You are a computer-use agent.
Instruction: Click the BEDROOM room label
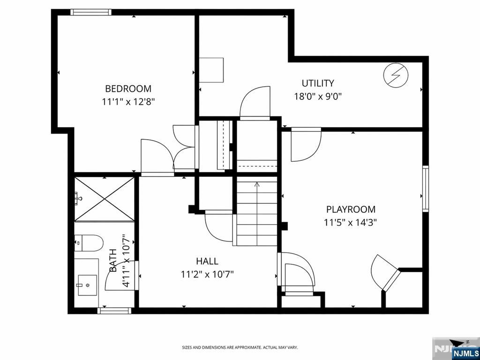click(128, 89)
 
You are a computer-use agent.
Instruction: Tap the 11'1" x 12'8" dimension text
click(128, 102)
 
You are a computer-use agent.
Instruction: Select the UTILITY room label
click(318, 83)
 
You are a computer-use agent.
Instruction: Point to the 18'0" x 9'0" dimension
click(318, 97)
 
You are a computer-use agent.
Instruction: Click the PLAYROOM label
click(351, 210)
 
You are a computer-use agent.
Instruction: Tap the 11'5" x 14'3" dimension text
click(351, 222)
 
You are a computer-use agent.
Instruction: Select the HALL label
click(207, 261)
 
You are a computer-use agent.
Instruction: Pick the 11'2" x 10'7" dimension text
click(207, 274)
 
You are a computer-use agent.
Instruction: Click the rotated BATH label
click(113, 261)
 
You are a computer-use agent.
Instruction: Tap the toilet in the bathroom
click(89, 243)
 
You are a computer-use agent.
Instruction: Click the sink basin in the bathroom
click(87, 285)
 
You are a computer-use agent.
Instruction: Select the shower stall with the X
click(105, 199)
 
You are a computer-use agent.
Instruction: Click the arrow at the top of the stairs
click(257, 185)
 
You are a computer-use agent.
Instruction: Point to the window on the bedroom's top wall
click(91, 12)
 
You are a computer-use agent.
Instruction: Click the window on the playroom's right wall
click(426, 188)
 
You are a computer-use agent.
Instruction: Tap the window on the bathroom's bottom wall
click(114, 311)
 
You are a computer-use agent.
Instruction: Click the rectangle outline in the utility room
click(211, 70)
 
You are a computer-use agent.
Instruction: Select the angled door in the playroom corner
click(391, 280)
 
